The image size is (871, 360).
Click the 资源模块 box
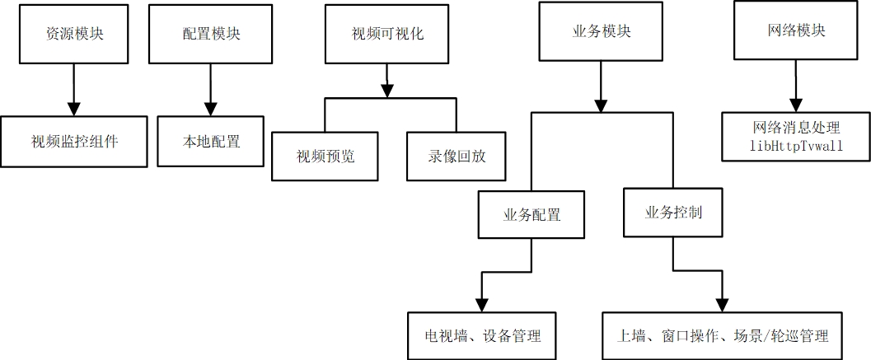74,34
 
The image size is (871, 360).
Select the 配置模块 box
211,34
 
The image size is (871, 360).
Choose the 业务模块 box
602,31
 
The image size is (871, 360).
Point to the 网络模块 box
795,31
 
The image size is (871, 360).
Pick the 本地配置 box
211,141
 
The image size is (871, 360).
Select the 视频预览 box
325,155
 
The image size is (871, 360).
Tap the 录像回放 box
457,155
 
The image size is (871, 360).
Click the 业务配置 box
531,215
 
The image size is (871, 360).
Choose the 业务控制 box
673,213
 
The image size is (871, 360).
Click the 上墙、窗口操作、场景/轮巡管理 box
723,336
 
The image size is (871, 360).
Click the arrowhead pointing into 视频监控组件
74,109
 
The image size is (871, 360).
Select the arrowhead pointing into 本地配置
211,109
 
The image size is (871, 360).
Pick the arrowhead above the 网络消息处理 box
795,104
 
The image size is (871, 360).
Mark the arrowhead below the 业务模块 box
602,105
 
